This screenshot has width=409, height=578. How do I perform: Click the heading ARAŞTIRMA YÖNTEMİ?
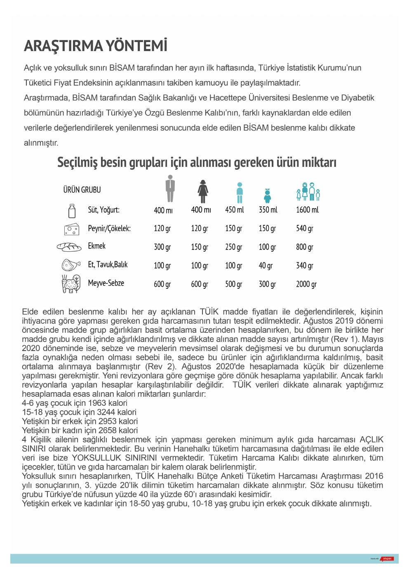click(x=96, y=46)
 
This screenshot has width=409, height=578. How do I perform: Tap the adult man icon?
click(x=170, y=189)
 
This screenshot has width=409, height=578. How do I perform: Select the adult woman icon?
click(x=202, y=191)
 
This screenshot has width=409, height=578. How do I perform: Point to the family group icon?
click(x=308, y=192)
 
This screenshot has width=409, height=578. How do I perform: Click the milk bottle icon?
click(x=72, y=211)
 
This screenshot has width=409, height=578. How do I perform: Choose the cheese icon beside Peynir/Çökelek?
click(x=72, y=229)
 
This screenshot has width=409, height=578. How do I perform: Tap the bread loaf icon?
click(x=69, y=247)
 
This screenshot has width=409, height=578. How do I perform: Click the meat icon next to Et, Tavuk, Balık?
click(x=71, y=265)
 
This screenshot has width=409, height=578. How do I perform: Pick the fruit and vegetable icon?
click(x=71, y=284)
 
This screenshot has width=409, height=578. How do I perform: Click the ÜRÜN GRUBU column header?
click(x=82, y=190)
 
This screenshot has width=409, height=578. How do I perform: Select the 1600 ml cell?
click(x=307, y=210)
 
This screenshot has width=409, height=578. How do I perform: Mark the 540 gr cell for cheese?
click(x=304, y=228)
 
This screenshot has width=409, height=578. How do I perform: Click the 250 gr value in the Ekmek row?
click(x=233, y=247)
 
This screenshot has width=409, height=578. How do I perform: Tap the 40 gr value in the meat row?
click(x=266, y=265)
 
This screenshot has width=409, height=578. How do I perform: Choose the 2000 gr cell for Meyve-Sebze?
click(x=306, y=284)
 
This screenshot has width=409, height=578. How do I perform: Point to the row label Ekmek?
click(x=97, y=246)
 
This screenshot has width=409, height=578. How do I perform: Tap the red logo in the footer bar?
click(x=388, y=559)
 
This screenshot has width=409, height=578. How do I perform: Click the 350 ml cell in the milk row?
click(x=268, y=210)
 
